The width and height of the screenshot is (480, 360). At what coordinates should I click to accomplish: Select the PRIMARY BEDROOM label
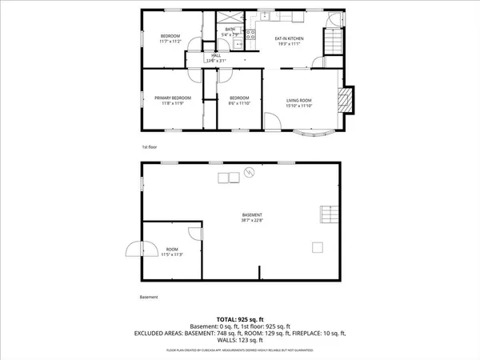(x=170, y=98)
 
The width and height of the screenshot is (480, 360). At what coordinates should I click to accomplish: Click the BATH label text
(x=230, y=30)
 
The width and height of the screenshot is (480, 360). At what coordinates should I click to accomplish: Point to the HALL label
(x=216, y=56)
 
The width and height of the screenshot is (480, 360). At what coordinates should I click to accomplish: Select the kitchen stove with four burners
(x=250, y=34)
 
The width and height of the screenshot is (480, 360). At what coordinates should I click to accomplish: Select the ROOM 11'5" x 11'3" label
(x=173, y=251)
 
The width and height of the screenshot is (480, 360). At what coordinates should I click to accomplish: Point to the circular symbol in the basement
(x=249, y=172)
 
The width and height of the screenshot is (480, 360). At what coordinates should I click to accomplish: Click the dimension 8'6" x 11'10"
(x=241, y=103)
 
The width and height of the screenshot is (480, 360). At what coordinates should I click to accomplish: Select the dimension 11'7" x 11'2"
(x=170, y=42)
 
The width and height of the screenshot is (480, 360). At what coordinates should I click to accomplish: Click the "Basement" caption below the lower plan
(x=149, y=297)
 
